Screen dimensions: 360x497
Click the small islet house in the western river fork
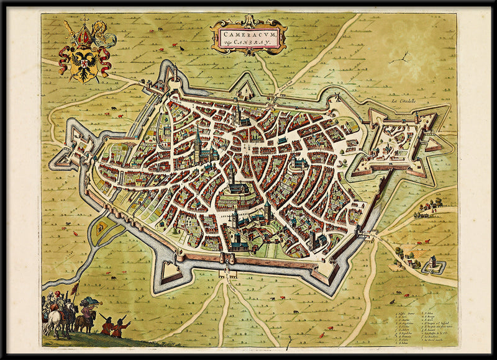(x=99, y=229)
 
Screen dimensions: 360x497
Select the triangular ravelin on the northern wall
(x=246, y=91)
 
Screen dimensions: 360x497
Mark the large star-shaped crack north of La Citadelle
(x=404, y=58)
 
